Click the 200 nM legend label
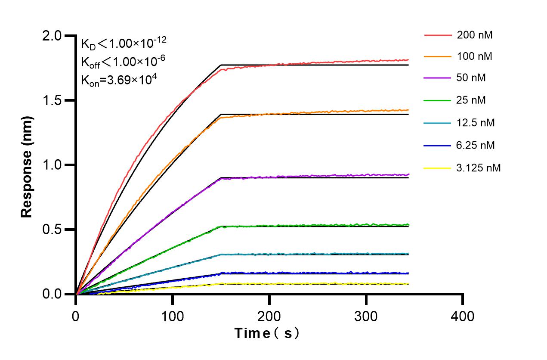475,35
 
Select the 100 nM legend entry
475,56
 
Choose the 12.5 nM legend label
476,123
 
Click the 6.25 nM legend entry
476,145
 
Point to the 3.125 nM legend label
479,168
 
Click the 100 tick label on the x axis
173,317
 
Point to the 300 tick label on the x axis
366,317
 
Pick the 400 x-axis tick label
463,317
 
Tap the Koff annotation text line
123,62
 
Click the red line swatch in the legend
437,35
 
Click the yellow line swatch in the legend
437,168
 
